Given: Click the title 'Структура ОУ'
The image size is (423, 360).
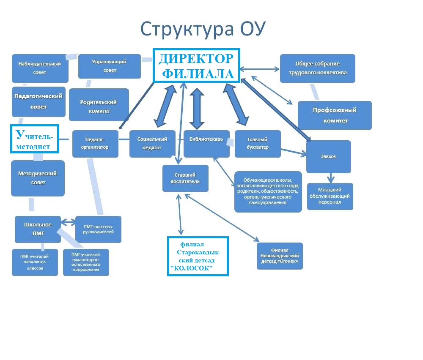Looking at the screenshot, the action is click(203, 29).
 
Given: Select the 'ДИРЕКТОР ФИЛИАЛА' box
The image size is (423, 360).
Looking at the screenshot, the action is click(196, 65).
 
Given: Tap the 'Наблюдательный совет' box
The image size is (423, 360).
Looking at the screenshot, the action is click(40, 68).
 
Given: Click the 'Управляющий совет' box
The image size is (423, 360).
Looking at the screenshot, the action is click(110, 66).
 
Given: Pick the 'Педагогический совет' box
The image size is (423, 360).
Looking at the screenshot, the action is click(38, 101).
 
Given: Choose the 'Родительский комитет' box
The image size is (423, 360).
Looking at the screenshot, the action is click(99, 105).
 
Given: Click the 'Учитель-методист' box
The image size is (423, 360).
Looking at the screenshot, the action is click(35, 139).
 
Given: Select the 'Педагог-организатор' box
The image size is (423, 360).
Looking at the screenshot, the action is click(95, 144).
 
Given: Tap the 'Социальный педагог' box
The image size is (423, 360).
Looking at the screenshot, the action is click(152, 144).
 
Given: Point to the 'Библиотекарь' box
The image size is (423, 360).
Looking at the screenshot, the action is click(206, 144).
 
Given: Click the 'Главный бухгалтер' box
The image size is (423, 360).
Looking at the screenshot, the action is click(258, 144).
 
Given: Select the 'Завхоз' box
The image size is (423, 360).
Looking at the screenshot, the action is click(329, 157).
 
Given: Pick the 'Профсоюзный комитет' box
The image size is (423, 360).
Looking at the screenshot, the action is click(335, 115).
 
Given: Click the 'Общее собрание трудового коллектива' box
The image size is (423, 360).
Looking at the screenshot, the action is click(318, 68).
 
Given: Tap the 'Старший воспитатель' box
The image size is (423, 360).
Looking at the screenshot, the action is click(185, 178).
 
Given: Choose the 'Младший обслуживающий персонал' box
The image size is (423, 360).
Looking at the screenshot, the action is click(330, 196).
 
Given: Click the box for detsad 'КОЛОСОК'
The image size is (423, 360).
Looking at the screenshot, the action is click(198, 256).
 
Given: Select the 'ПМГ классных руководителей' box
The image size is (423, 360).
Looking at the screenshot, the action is click(98, 229).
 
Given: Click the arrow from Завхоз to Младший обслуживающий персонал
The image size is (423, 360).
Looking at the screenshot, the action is click(331, 178).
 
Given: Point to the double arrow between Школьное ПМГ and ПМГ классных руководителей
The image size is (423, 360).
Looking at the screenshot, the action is click(68, 222).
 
